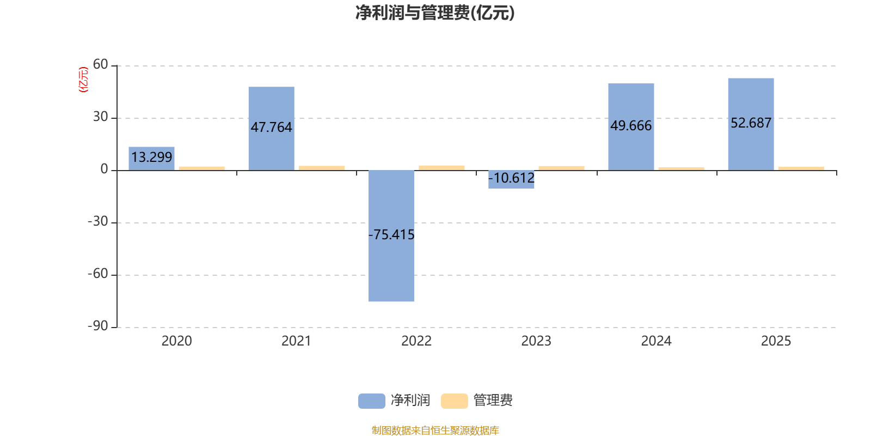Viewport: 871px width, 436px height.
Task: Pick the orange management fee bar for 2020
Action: tap(201, 168)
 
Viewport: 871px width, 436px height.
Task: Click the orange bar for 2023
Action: tap(561, 168)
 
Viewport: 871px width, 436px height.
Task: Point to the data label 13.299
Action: tap(151, 158)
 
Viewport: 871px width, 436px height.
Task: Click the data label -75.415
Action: tap(391, 235)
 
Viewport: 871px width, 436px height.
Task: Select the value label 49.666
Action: tap(631, 126)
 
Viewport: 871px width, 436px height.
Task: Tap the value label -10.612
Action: tap(511, 178)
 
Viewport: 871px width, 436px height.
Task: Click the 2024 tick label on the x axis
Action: tap(656, 341)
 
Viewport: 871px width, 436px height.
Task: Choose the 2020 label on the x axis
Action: tap(177, 341)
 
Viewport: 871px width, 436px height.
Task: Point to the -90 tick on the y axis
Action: tap(98, 326)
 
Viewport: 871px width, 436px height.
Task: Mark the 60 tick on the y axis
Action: tap(101, 65)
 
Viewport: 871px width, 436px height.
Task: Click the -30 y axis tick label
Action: tap(98, 221)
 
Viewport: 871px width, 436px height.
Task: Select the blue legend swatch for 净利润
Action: tap(371, 401)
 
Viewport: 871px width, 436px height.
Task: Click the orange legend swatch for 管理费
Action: tap(454, 401)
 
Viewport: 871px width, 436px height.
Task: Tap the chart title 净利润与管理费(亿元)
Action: tap(434, 13)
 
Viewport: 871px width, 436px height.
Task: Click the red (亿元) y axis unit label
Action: tap(83, 80)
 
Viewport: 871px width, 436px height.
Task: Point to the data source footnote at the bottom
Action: tap(435, 431)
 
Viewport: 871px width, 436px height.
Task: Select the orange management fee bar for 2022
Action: tap(441, 167)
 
